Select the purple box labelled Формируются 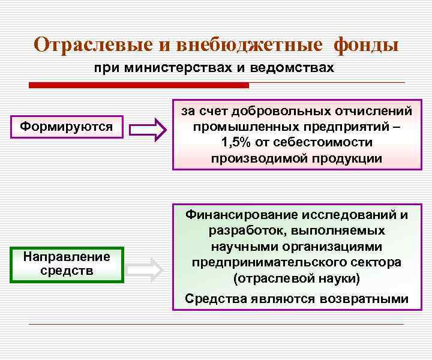67,127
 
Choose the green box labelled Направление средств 67,264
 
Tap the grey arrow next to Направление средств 148,270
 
